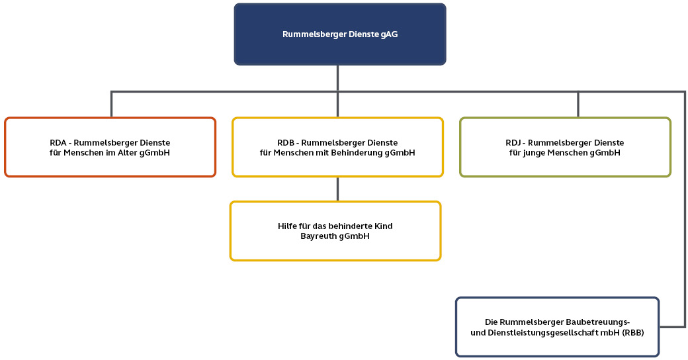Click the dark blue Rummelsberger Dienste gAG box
coord(340,34)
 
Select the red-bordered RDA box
coord(110,148)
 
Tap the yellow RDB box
coord(337,148)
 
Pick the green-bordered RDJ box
coord(566,148)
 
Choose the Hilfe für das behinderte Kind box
coord(335,231)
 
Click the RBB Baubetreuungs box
coord(557,327)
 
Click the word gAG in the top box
coord(390,34)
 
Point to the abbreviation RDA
coord(59,142)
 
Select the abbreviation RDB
coord(286,142)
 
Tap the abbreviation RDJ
coord(514,142)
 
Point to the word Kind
coord(383,226)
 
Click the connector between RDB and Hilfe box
coord(337,189)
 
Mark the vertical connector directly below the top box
coord(337,77)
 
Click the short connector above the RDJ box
coord(578,105)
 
